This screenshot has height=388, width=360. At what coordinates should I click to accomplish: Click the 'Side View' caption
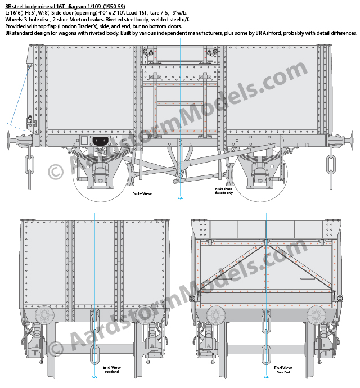142,193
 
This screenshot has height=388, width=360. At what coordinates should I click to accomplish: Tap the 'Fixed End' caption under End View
112,372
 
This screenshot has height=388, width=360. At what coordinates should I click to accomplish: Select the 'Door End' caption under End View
283,372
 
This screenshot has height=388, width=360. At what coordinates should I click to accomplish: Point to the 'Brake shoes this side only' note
224,191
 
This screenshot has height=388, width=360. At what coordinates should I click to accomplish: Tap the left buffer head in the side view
8,141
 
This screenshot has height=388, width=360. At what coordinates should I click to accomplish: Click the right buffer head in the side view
352,141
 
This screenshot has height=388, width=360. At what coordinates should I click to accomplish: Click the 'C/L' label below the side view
180,198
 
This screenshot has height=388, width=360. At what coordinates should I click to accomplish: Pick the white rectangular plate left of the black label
84,141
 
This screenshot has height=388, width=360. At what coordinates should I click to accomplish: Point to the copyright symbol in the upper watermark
56,172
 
